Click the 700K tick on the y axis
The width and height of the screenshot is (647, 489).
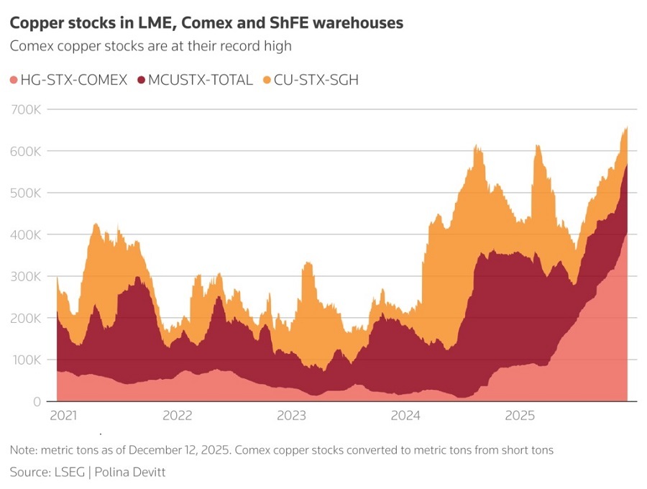[x=26, y=110]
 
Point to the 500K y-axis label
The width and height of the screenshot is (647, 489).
[x=26, y=193]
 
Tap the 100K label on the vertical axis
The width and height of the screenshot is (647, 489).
[x=26, y=360]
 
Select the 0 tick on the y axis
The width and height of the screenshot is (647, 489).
[x=37, y=401]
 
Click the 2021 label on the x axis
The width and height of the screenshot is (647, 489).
[x=63, y=415]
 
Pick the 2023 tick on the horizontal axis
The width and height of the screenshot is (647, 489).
[x=291, y=415]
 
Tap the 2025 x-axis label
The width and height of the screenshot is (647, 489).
[x=520, y=415]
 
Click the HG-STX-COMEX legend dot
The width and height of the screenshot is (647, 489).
[x=14, y=80]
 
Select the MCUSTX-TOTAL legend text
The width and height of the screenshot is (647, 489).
[x=200, y=80]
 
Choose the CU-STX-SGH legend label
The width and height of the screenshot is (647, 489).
[x=316, y=80]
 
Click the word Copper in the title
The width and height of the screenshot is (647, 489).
[x=37, y=23]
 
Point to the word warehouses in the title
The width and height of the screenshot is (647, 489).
[x=358, y=23]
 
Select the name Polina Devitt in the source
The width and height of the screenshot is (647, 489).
[x=130, y=472]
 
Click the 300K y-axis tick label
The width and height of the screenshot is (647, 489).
[x=26, y=276]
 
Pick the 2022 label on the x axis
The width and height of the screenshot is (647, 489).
[x=178, y=415]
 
